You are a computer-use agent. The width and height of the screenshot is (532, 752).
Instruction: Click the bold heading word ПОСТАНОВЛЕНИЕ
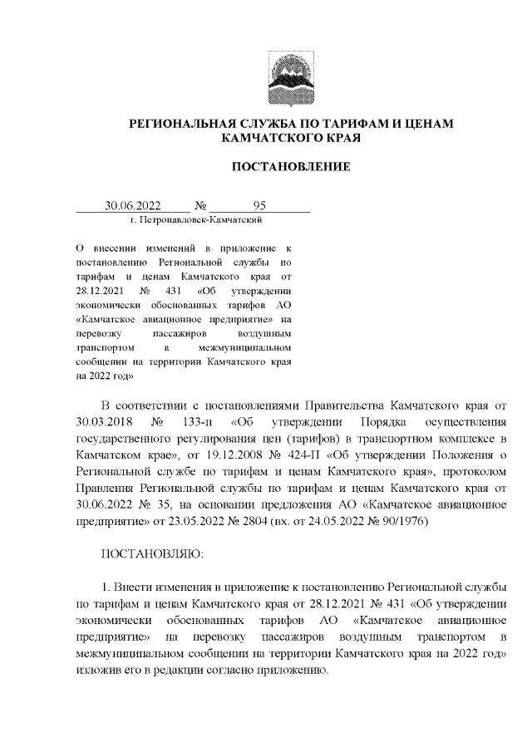pyautogui.click(x=290, y=167)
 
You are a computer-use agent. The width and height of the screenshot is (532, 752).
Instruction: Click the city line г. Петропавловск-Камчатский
pyautogui.click(x=197, y=220)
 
